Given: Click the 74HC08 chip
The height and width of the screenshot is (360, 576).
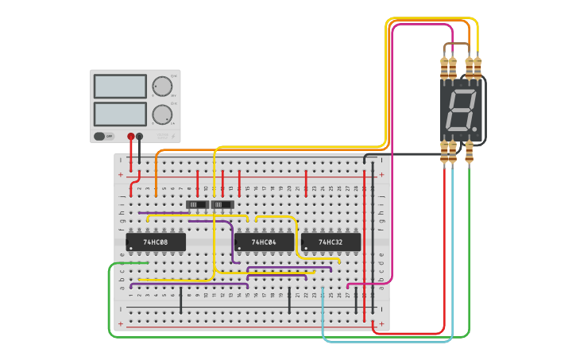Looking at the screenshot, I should click(x=156, y=242).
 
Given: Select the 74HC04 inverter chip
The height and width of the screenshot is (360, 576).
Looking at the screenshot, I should click(x=264, y=242).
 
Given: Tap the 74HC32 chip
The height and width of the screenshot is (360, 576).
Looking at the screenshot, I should click(x=331, y=242).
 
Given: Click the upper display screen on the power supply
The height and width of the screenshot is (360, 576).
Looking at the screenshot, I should click(x=120, y=86).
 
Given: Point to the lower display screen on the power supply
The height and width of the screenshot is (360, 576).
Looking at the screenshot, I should click(x=120, y=114).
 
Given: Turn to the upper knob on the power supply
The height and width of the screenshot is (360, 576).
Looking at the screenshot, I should click(x=162, y=86).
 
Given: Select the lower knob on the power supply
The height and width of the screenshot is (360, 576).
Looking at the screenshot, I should click(x=162, y=114).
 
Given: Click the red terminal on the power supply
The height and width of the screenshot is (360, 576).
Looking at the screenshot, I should click(x=131, y=136).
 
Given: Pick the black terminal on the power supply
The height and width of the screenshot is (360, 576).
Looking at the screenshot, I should click(x=140, y=136).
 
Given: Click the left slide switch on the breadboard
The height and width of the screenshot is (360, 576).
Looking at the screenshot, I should click(x=196, y=205).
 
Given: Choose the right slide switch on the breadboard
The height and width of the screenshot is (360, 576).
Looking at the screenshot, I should click(x=222, y=205).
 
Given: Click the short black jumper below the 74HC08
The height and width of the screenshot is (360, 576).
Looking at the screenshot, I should click(x=180, y=300).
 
